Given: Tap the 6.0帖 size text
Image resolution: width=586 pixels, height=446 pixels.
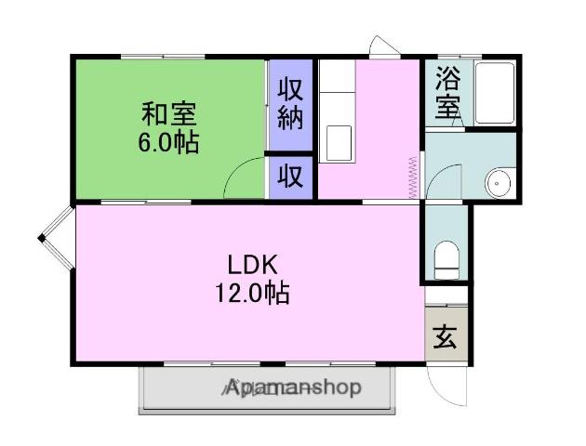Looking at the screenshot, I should (169, 143).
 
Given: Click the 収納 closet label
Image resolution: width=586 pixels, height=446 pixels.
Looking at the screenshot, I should (291, 105).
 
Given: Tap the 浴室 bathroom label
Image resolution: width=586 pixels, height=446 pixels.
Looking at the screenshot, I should (448, 91).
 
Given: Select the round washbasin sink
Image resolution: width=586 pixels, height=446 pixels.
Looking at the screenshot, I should (499, 182).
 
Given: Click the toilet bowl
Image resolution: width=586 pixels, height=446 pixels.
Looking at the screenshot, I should (447, 257).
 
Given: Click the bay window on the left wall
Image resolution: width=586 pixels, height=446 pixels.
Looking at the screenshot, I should (56, 239).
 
